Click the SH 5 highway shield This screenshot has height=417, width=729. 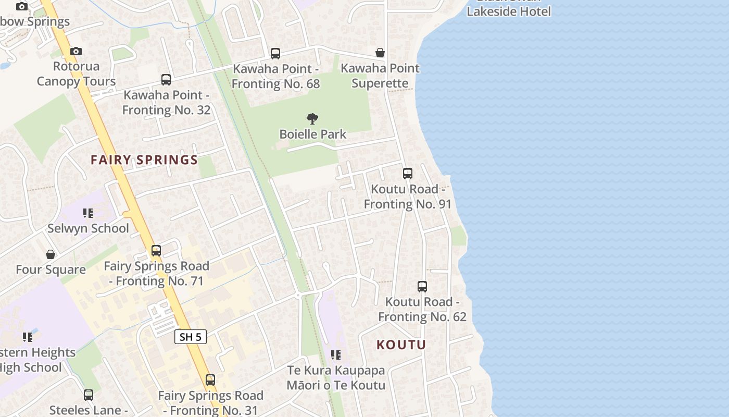pos(190,337)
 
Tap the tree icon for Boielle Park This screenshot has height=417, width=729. pos(312,119)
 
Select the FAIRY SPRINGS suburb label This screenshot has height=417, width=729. pos(144,160)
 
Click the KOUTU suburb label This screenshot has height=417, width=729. pos(401,345)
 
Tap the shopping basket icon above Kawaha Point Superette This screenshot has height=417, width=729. pos(380,53)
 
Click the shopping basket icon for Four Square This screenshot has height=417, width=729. pos(51,254)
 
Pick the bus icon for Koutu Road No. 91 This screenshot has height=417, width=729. pos(408,174)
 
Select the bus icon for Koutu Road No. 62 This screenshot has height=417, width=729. pos(422,287)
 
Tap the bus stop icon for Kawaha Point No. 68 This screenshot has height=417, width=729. pos(275,53)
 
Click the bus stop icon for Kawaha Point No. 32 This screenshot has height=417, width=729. pos(166,80)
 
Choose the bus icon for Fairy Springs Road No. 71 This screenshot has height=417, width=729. pos(156,251)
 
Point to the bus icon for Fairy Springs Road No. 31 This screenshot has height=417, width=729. pos(210,380)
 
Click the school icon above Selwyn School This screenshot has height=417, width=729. pos(88,213)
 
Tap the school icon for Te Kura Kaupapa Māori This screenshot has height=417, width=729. pos(336,355)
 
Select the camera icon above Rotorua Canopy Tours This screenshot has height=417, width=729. pos(76,51)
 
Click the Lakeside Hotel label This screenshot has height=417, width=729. pos(508,11)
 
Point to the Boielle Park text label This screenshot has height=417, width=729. pos(312,134)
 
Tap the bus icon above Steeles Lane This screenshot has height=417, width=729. pos(89,395)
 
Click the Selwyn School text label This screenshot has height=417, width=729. pos(88,228)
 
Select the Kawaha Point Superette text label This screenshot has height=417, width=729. pos(380,76)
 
